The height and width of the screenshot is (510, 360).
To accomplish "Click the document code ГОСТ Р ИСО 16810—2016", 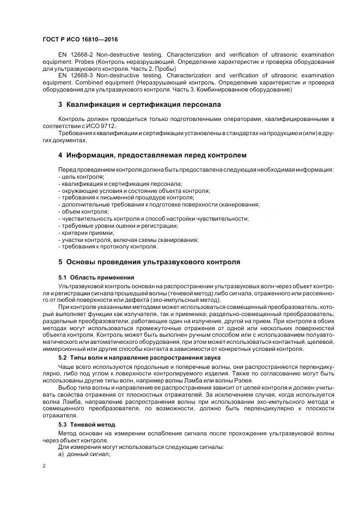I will click(80, 40).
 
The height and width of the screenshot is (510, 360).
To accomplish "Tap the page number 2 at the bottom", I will click(44, 466).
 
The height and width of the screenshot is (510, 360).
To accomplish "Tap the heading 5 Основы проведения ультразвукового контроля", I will click(149, 262).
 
